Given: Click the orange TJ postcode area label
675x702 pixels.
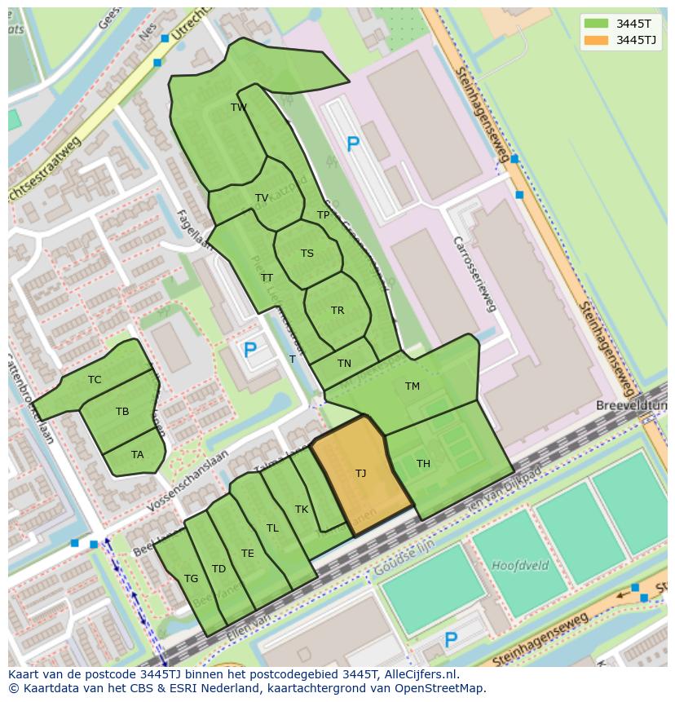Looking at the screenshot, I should point(360,473).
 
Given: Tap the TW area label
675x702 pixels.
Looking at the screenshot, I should point(238,108).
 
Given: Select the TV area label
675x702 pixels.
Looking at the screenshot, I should point(261,198).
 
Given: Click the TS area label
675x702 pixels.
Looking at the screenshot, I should point(307,254).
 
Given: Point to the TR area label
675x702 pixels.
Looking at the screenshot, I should point(337,311).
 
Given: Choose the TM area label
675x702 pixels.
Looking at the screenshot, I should point(412,386).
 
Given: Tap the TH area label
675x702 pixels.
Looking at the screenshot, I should point(423,464).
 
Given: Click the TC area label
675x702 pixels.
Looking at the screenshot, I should point(95,380).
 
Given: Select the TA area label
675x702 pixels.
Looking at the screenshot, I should point(137,455).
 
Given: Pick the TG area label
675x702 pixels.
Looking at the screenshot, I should point(191,579).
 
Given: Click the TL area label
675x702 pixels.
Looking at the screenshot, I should point(272,528).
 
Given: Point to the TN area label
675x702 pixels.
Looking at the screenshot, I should point(344,364).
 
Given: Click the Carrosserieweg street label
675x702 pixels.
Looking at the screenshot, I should point(475,274).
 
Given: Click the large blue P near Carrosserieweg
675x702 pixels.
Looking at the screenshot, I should point(352,145).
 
